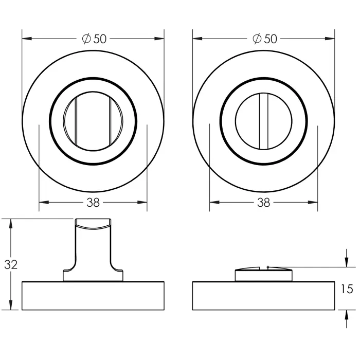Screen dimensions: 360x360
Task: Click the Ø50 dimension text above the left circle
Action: click(x=94, y=39)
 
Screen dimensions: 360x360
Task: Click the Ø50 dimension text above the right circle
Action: click(x=265, y=39)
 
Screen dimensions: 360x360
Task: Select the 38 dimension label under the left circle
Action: click(x=93, y=203)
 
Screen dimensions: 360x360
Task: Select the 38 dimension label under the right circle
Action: click(x=263, y=203)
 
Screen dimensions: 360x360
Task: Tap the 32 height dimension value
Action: click(x=11, y=264)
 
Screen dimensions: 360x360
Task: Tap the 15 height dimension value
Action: click(x=347, y=289)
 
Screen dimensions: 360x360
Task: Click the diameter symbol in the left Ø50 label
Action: click(x=86, y=39)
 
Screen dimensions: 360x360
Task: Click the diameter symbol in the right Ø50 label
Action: click(x=257, y=39)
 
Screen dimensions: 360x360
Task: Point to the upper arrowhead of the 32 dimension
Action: click(x=10, y=224)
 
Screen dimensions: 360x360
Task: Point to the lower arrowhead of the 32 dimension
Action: click(x=10, y=305)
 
